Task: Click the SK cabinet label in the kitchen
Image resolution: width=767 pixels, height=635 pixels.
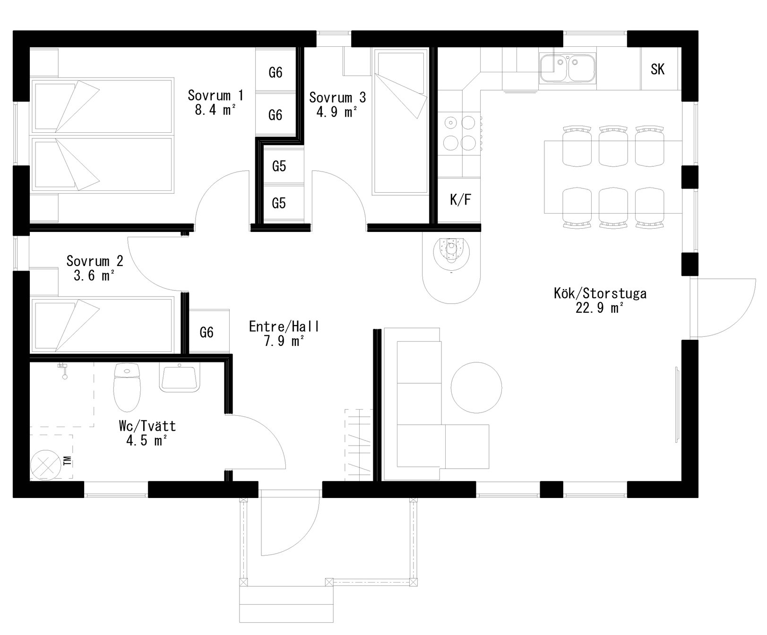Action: click(x=657, y=69)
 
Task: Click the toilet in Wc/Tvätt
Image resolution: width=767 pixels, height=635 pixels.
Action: click(x=128, y=387)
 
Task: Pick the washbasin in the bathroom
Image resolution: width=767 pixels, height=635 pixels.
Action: click(x=179, y=377)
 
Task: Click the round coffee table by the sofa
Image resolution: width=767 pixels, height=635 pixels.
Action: click(x=476, y=386)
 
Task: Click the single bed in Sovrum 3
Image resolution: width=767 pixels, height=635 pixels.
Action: click(x=401, y=122)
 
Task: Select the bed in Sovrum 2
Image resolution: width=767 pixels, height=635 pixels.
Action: click(x=101, y=325)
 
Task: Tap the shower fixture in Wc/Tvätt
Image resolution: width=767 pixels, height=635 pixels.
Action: click(x=63, y=370)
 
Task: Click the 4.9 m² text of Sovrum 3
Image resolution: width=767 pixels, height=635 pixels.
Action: click(x=336, y=112)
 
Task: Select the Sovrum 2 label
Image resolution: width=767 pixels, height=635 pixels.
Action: click(x=95, y=261)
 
